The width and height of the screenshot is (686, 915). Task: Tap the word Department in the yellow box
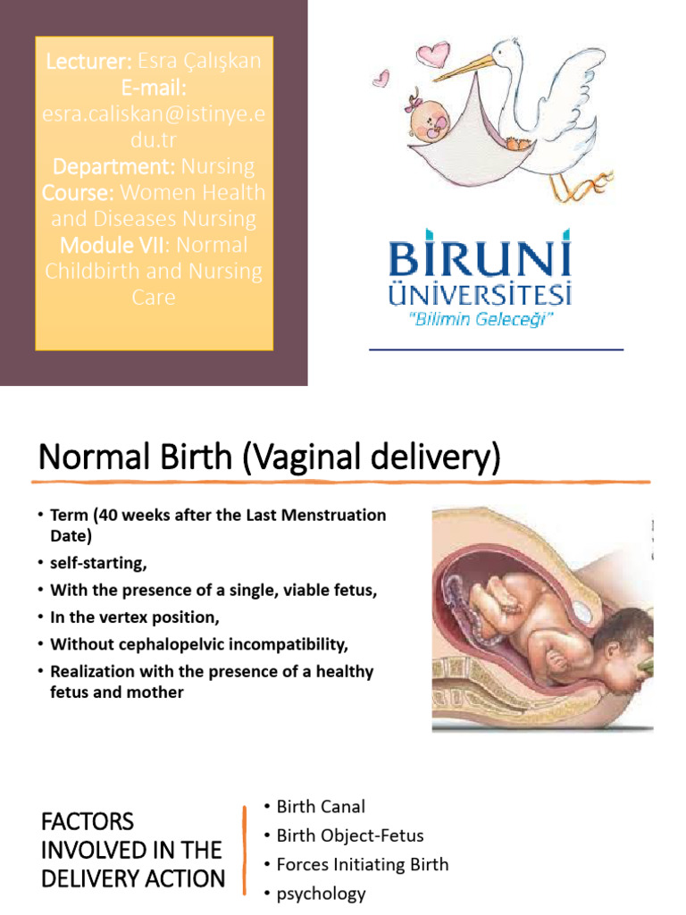click(x=115, y=166)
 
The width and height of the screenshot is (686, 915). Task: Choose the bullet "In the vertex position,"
click(x=134, y=617)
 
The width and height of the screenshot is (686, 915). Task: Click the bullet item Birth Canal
click(x=321, y=807)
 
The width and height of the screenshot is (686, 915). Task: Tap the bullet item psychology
click(x=321, y=894)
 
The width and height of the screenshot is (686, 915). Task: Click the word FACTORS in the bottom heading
click(x=88, y=821)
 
